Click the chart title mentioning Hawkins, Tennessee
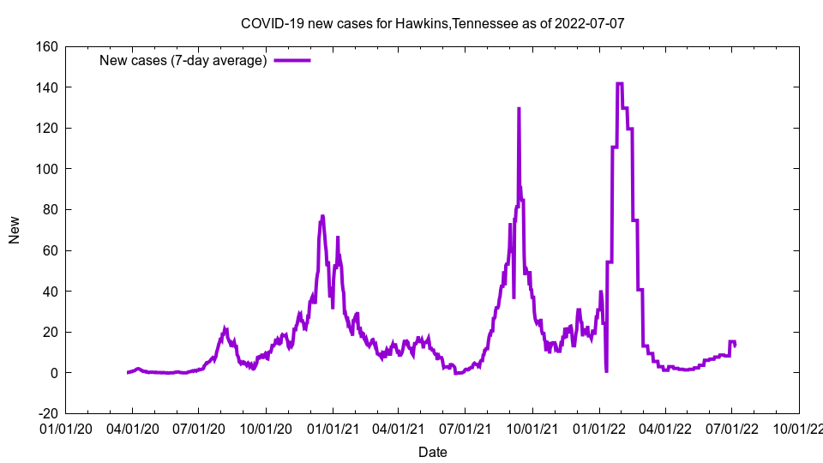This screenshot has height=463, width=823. point(432,23)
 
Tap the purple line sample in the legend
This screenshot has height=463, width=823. point(292,60)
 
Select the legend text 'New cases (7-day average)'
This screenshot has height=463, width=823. point(183,60)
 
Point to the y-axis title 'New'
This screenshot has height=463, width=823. point(15,229)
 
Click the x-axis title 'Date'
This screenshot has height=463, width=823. point(432,452)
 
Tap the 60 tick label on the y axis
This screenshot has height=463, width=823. point(49,250)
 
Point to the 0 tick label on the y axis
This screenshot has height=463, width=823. point(53,373)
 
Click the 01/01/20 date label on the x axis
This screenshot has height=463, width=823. point(66,426)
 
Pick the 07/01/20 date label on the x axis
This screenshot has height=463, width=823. point(199,426)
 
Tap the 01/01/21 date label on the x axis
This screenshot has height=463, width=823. point(333,426)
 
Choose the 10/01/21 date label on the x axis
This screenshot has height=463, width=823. point(532,426)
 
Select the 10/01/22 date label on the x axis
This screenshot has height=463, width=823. point(799,426)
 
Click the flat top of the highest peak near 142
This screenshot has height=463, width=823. point(619,83)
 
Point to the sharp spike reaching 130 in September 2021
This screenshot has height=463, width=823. point(519,109)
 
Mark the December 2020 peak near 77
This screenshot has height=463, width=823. point(322,216)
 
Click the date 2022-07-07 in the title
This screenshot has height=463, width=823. point(590,23)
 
